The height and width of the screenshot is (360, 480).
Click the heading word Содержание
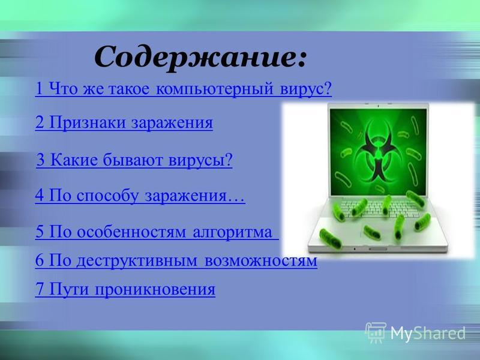click(x=200, y=57)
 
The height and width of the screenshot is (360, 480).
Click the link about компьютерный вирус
click(x=184, y=89)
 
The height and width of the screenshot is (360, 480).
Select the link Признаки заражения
click(x=124, y=122)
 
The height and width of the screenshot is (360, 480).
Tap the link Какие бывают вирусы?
click(x=134, y=160)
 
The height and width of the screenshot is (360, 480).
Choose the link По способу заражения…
click(x=140, y=196)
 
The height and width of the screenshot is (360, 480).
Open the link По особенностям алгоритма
click(x=157, y=232)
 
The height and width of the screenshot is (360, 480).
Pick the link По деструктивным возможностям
click(x=176, y=260)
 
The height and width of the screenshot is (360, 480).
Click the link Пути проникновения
click(x=125, y=289)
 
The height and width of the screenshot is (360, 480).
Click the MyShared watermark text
click(x=428, y=333)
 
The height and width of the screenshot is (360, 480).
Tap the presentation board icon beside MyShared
click(x=376, y=332)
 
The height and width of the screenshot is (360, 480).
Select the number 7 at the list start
click(x=40, y=289)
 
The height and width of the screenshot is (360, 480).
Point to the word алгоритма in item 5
click(x=232, y=232)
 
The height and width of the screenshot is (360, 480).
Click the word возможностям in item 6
click(x=260, y=261)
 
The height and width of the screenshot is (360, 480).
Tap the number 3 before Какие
click(x=40, y=160)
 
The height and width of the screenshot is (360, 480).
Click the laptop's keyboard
click(x=380, y=208)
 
